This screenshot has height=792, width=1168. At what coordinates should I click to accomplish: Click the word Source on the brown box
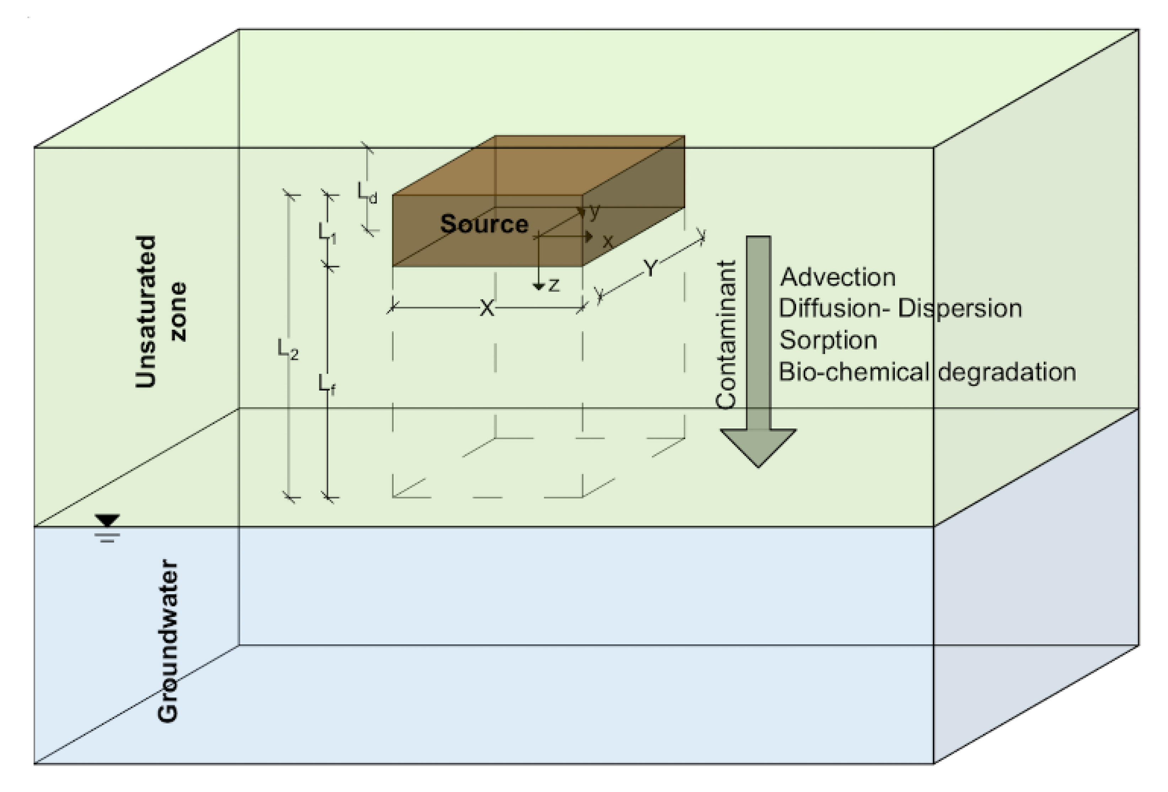484,224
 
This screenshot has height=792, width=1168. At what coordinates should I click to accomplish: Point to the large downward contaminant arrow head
758,447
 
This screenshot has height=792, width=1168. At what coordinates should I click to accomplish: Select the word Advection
838,277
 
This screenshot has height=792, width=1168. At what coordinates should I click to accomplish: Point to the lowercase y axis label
595,212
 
